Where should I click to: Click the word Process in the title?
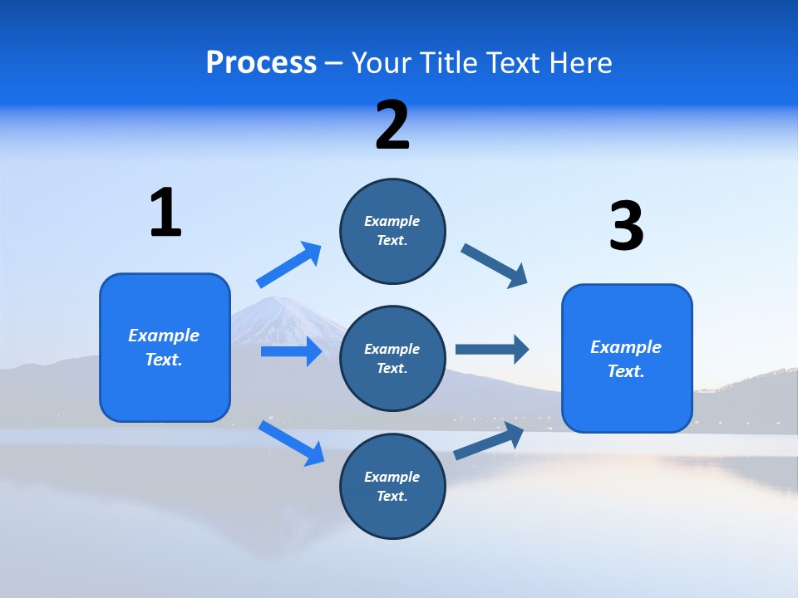(261, 63)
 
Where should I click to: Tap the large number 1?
(165, 213)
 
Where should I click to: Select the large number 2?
(392, 125)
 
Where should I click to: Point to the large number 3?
(626, 227)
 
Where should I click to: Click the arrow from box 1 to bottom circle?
(291, 442)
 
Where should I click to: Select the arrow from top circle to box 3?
(495, 266)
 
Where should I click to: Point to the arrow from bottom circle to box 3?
(489, 440)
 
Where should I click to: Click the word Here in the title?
(582, 63)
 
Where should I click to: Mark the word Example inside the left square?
(164, 336)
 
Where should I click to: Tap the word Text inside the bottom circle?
(391, 496)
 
